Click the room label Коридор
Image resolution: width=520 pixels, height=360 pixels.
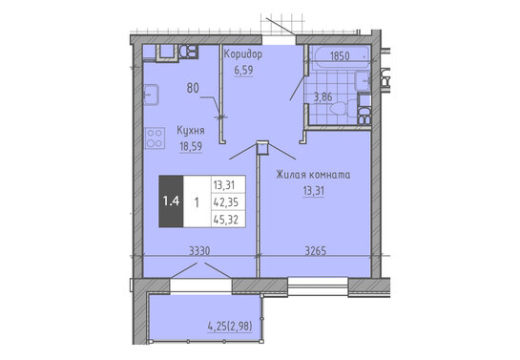coord(243,54)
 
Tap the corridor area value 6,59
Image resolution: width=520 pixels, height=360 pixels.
coord(243,70)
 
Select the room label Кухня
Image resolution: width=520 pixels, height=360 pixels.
coord(191,131)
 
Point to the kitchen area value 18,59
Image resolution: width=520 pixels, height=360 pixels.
coord(191,146)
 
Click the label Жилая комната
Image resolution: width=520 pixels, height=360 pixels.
coord(313,175)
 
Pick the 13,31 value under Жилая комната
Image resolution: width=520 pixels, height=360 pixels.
coord(313,191)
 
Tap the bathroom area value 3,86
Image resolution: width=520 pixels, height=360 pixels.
coord(322,97)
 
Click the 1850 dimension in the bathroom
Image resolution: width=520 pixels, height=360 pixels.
coord(340,56)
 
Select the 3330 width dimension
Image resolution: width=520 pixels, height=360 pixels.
coord(199,250)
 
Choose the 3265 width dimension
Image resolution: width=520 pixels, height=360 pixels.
coord(316,250)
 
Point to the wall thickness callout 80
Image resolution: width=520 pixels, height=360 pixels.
coord(193,88)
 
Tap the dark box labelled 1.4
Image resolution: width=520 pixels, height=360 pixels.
coord(171,201)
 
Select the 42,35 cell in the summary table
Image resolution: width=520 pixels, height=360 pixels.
coord(226,202)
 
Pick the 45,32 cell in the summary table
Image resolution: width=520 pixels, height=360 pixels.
coord(226,220)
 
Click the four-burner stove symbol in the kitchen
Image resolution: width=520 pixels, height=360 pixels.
coord(155,138)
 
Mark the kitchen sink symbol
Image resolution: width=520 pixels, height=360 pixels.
coord(151,95)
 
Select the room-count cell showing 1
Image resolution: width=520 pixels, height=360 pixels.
coord(197,202)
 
